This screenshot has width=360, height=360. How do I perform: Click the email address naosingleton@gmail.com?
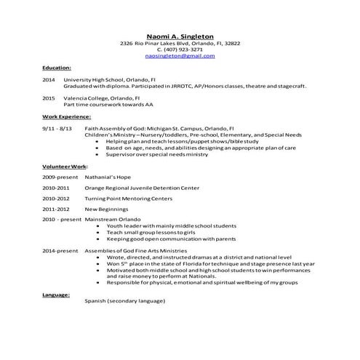[180, 56]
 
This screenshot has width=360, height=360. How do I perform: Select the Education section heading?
[57, 67]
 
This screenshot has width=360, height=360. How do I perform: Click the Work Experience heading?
[66, 116]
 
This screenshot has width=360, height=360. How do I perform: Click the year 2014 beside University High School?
[49, 79]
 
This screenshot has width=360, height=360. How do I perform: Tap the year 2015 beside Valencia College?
[49, 97]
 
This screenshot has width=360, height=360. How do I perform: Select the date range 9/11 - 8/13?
[57, 128]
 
